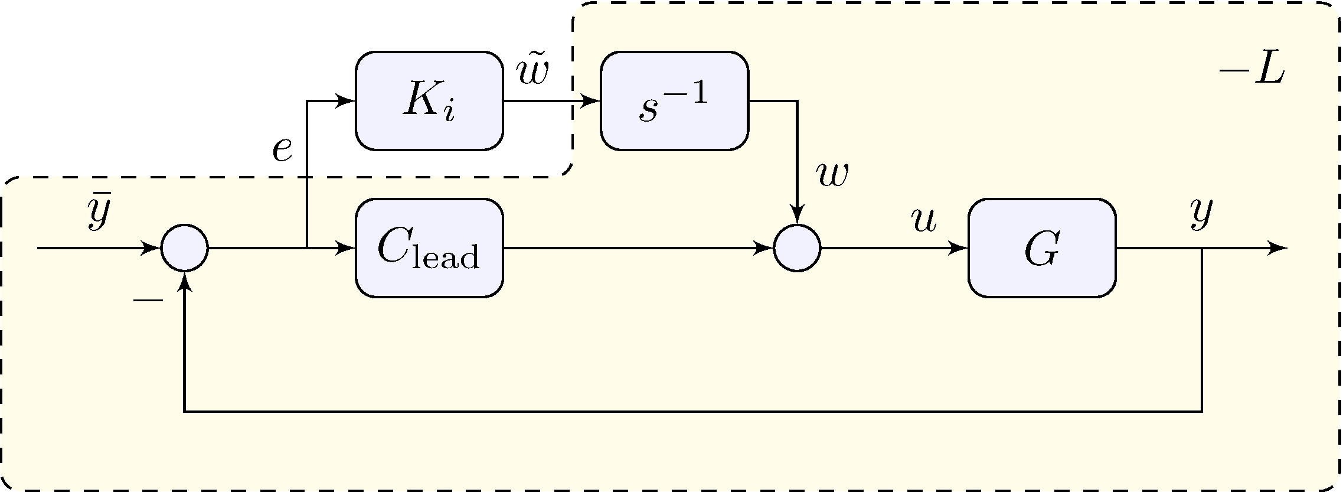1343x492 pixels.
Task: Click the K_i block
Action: [429, 101]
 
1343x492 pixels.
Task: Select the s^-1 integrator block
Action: [674, 101]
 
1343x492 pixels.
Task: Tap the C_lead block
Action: [429, 248]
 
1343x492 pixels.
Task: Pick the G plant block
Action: [1042, 248]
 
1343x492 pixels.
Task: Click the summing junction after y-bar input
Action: [185, 248]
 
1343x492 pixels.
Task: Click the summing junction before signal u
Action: [797, 248]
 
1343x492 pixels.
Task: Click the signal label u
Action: [923, 220]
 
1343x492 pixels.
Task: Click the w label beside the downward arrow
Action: [832, 175]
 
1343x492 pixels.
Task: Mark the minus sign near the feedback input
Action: [148, 301]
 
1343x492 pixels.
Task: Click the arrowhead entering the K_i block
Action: [345, 101]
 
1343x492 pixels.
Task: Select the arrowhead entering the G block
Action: [958, 248]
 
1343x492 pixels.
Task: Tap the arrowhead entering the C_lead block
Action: [345, 248]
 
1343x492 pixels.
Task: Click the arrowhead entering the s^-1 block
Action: [590, 101]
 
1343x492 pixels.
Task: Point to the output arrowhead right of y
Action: [1277, 248]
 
